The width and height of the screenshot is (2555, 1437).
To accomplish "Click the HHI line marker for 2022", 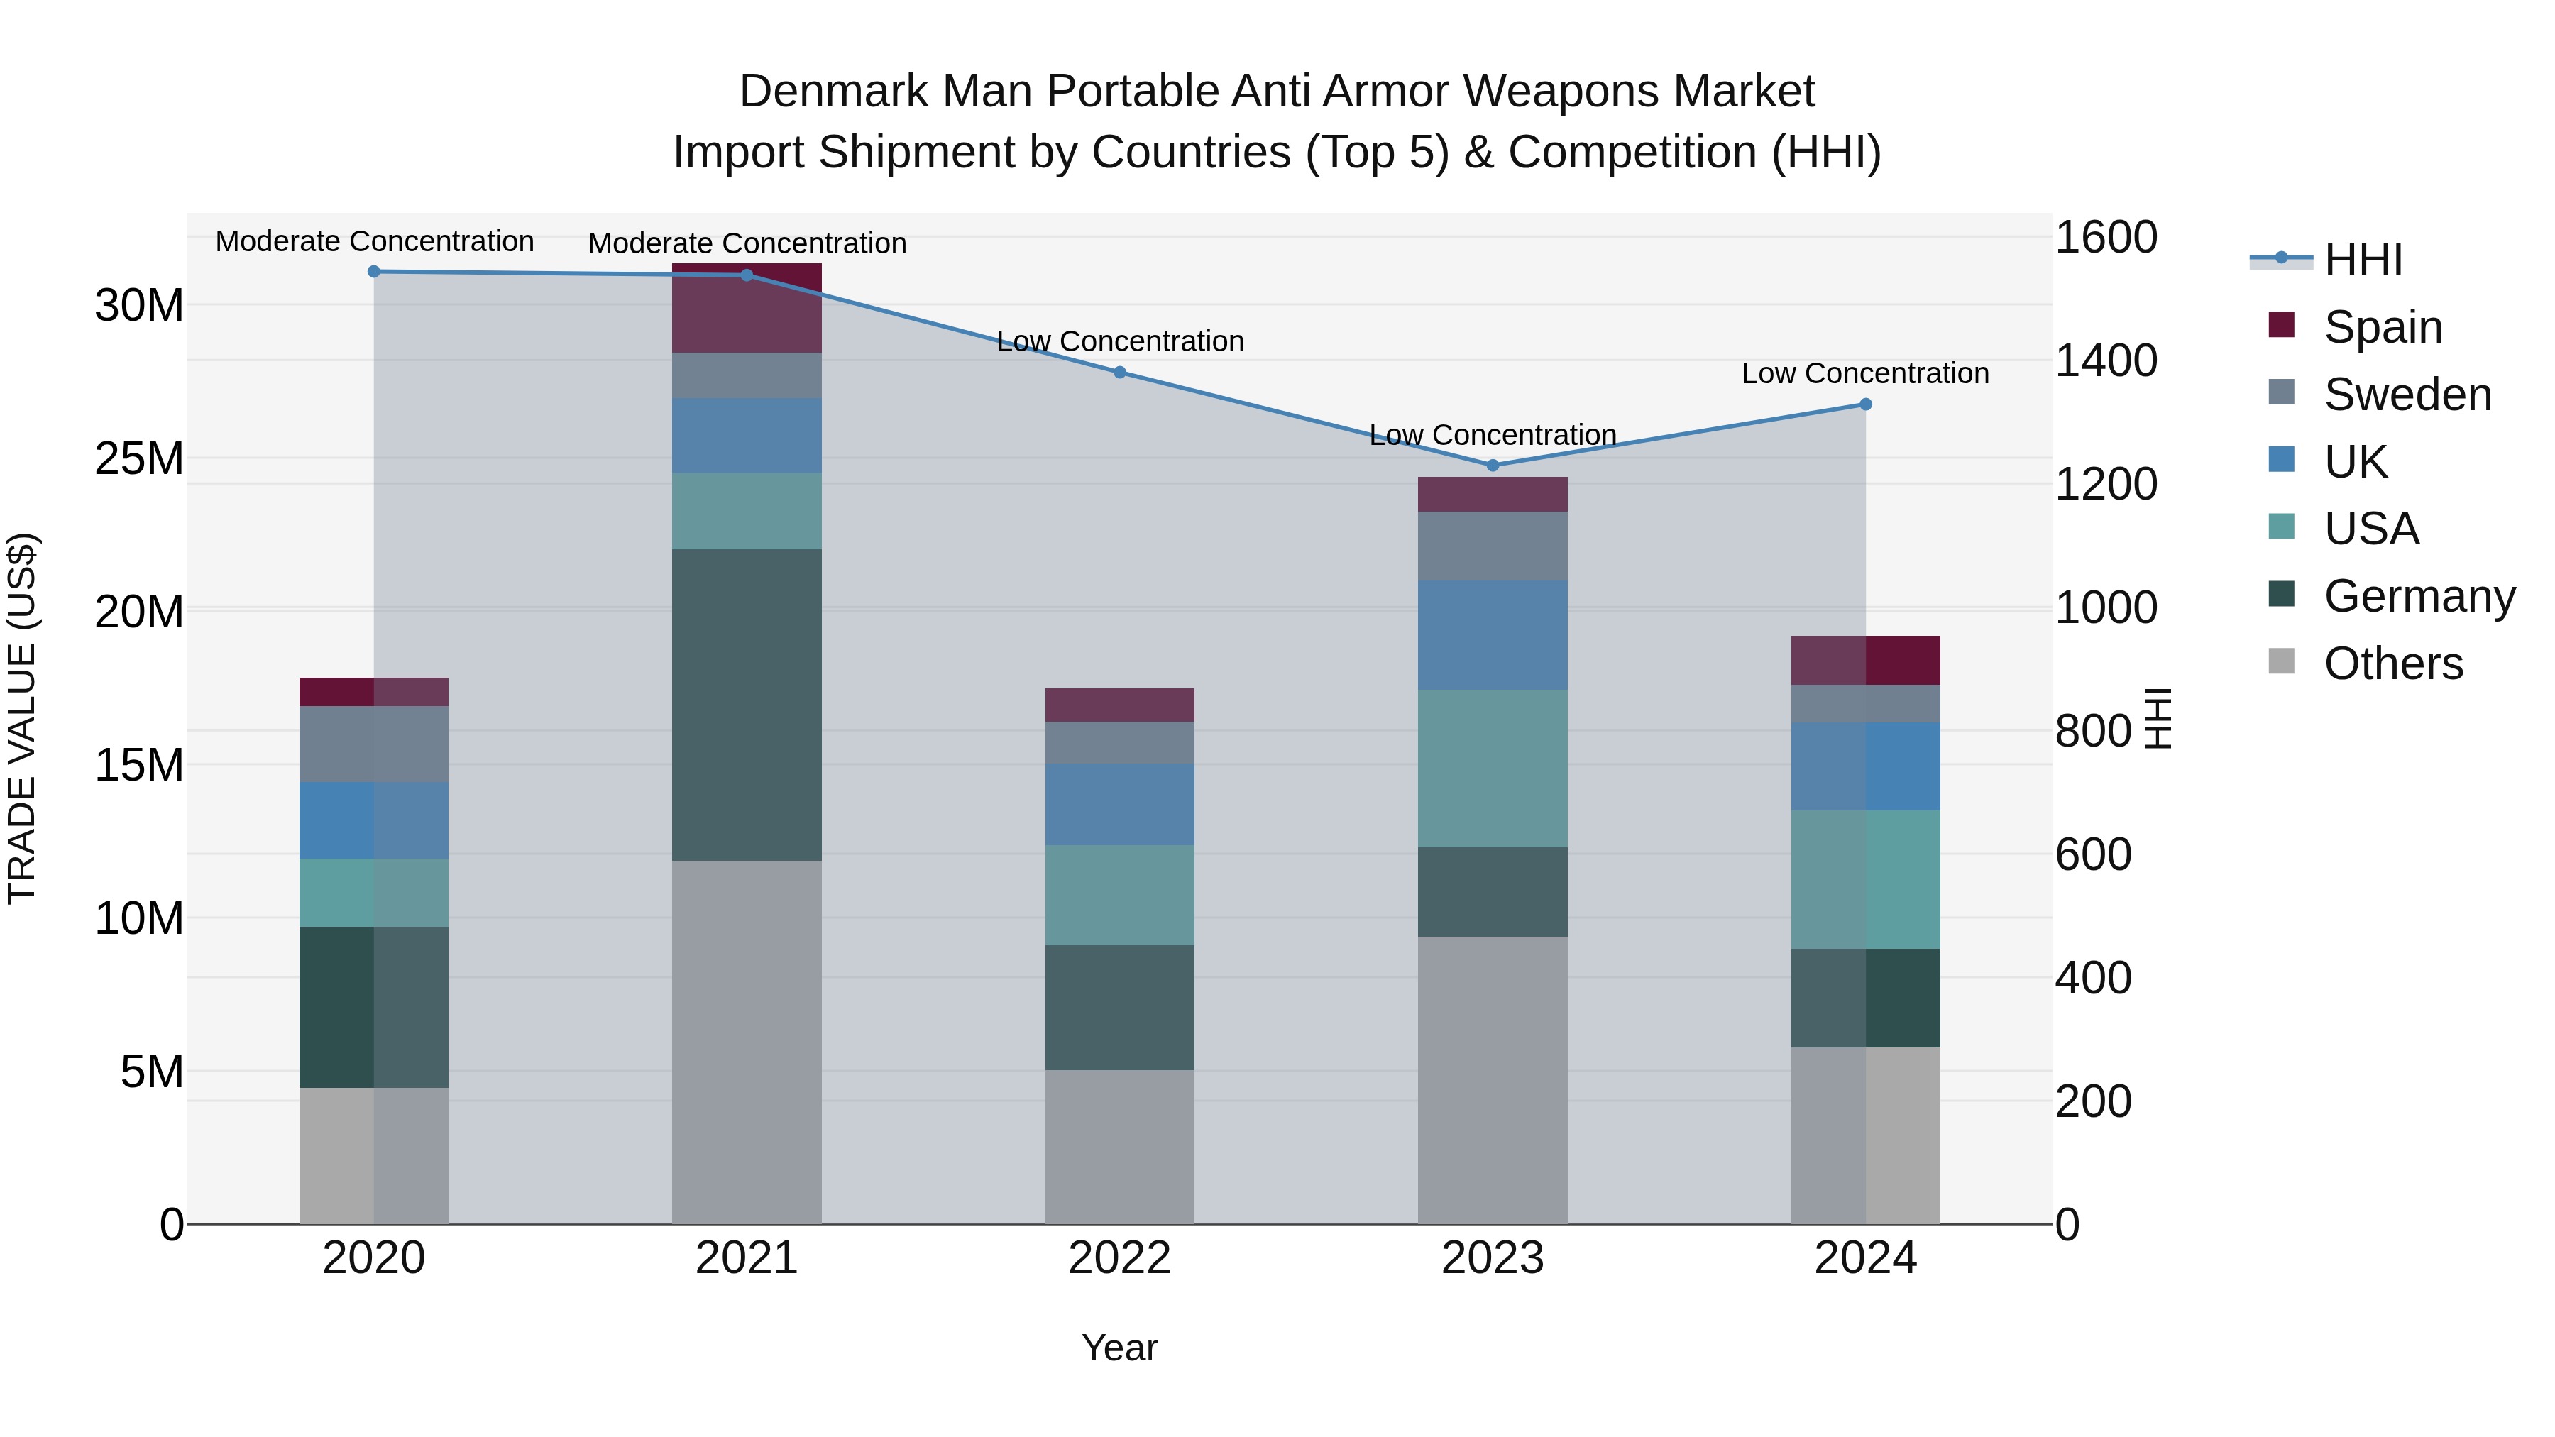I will (1120, 372).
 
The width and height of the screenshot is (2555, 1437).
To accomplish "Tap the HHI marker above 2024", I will (1866, 404).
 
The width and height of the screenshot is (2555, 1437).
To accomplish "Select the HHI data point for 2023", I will (1493, 465).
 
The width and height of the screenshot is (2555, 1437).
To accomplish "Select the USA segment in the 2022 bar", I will (1120, 895).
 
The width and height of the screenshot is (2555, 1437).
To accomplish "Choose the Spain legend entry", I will (2383, 326).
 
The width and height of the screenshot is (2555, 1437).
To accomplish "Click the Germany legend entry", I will (2418, 596).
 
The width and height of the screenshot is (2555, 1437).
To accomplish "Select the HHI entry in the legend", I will (2363, 260).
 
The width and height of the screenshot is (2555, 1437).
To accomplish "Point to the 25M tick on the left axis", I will (139, 458).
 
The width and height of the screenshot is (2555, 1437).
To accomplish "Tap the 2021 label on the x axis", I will (747, 1258).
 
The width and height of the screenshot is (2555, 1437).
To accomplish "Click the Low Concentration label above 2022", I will (1120, 341).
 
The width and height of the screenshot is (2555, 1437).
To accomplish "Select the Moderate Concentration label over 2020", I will (374, 241).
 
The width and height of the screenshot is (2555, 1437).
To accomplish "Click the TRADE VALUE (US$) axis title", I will (22, 718).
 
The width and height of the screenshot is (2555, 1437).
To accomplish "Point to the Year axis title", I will (1120, 1348).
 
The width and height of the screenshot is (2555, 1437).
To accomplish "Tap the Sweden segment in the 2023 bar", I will (1493, 546).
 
